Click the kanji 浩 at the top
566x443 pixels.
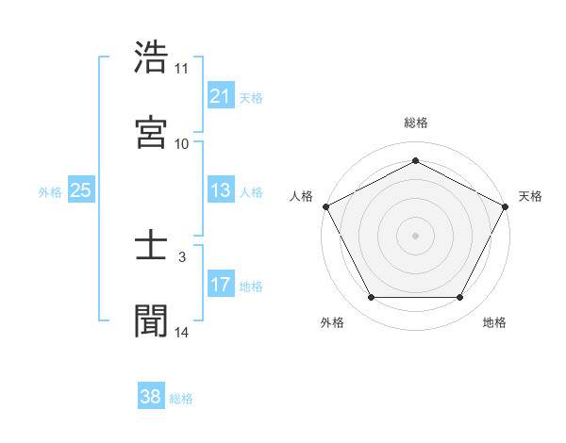(152, 57)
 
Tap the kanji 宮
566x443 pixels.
(152, 131)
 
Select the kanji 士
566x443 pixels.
(152, 248)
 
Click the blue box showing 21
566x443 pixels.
(220, 96)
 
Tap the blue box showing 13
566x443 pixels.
(220, 191)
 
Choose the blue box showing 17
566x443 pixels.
(220, 286)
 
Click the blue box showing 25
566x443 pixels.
(80, 191)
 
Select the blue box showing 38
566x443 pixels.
(150, 397)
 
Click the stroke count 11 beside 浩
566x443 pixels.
(181, 69)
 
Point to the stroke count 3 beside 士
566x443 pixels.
(182, 255)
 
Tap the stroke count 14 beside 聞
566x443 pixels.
(181, 332)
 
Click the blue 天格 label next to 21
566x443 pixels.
(251, 97)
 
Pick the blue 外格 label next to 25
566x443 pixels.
(50, 192)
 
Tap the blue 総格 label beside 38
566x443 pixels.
(181, 398)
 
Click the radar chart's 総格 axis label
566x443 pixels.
(415, 123)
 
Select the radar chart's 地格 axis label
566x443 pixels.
(494, 322)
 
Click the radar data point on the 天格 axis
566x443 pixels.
(507, 205)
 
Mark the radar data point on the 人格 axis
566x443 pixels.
(325, 205)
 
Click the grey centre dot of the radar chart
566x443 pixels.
(415, 235)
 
